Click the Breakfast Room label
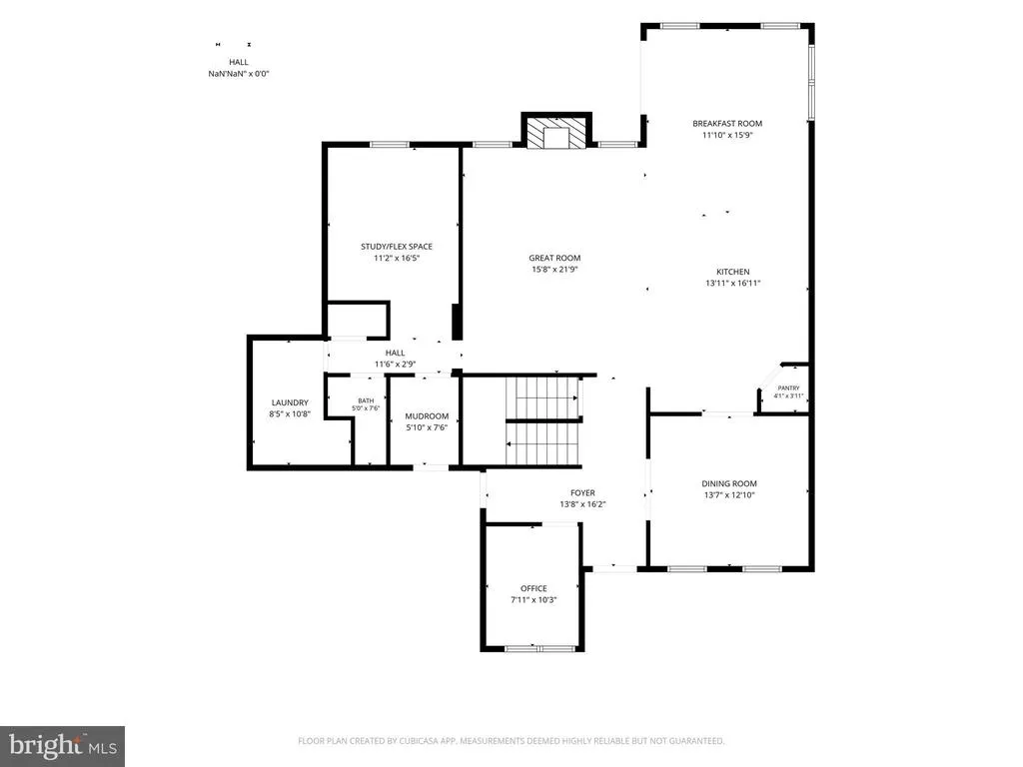coord(727,123)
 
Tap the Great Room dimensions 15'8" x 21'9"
coord(555,269)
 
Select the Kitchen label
coord(733,272)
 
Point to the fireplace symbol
coord(556,133)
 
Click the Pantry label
coord(789,388)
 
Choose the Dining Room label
coord(729,483)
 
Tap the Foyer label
coord(582,493)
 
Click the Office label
coord(533,588)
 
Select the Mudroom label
coord(427,416)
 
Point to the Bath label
coord(366,400)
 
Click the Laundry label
coord(290,402)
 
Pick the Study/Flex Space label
coord(397,247)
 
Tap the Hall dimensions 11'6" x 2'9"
coord(395,364)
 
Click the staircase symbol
coord(543,421)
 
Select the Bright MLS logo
coord(63,746)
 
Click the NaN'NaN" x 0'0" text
coord(239,74)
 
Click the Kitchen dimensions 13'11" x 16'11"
coord(733,283)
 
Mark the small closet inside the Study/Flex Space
coord(358,320)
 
